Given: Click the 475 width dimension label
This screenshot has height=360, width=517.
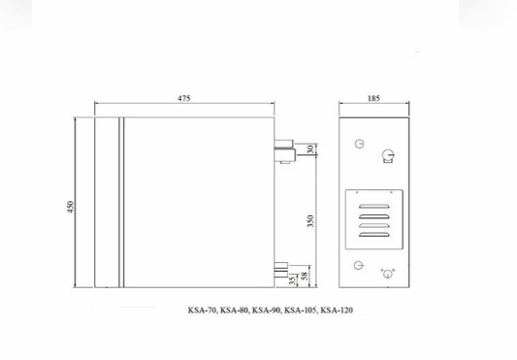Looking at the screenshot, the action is [184, 98].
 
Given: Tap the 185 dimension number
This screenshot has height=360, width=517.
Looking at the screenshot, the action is [373, 98].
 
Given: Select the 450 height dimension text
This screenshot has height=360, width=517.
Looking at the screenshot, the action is [71, 207].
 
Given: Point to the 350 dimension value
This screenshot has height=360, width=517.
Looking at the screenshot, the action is [310, 220].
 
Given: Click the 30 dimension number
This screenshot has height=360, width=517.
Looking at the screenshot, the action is [310, 149].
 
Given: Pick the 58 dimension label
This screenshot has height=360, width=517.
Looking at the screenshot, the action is [305, 276].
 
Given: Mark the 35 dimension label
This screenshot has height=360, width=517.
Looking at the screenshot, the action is [292, 280].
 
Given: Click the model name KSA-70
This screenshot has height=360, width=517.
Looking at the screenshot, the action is [202, 311].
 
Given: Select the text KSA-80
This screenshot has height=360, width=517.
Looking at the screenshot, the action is [234, 311].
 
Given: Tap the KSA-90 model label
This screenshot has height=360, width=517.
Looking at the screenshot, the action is [267, 311].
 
